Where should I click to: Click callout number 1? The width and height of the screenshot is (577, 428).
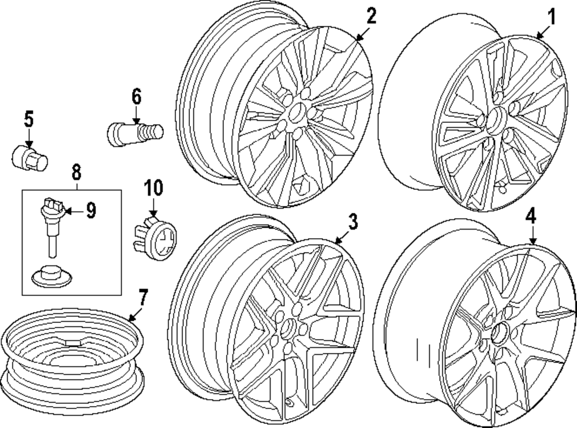(551, 17)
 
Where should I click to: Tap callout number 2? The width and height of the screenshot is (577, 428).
(371, 16)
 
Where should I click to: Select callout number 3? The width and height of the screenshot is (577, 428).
(353, 220)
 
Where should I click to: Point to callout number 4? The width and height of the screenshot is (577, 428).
(531, 216)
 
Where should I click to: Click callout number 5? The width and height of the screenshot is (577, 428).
(29, 121)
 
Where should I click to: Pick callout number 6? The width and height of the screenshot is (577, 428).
(136, 97)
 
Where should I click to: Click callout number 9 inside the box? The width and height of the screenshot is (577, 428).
(91, 212)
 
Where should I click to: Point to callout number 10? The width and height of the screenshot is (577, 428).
(153, 187)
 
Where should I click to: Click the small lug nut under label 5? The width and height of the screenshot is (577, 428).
(30, 156)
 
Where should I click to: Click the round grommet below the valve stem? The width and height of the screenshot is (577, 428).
(49, 275)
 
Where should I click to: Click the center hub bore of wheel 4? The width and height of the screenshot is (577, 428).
(500, 334)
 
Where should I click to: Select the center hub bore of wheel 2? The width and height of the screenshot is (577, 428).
(298, 113)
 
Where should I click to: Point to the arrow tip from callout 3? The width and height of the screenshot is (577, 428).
(335, 241)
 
